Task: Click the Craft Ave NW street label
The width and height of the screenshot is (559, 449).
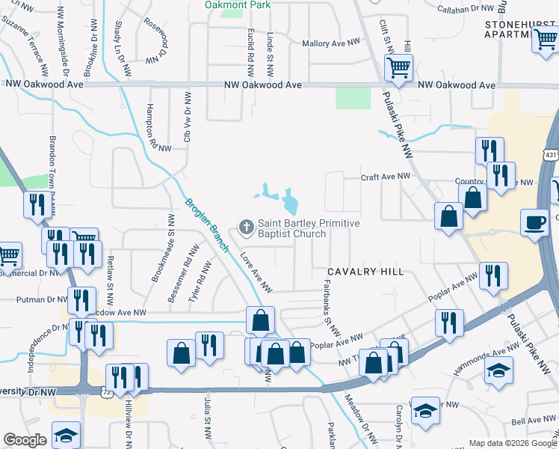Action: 386,177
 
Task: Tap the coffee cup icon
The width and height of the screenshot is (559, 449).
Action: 535,222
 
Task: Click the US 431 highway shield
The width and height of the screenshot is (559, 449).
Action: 551,155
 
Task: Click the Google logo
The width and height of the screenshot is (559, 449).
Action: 25,440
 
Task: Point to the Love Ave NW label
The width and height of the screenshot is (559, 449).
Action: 256,272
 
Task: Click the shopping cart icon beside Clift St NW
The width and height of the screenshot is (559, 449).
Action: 398,68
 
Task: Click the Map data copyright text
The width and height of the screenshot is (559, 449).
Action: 512,443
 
